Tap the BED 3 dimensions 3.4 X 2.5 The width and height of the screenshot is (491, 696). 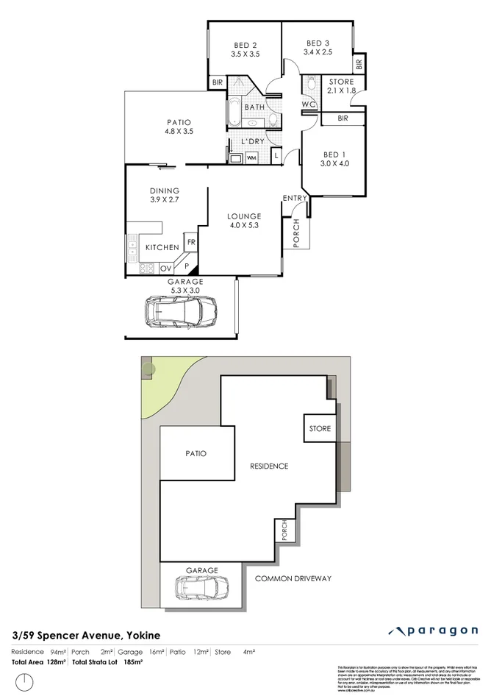pyautogui.click(x=319, y=52)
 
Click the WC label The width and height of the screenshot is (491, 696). pyautogui.click(x=309, y=104)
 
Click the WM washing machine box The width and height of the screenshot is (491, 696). pyautogui.click(x=251, y=157)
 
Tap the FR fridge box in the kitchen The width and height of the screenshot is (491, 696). pyautogui.click(x=190, y=241)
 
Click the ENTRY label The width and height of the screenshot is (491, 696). pyautogui.click(x=295, y=198)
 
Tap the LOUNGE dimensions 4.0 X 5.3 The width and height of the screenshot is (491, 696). pyautogui.click(x=244, y=225)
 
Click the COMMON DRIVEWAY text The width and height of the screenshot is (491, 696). pyautogui.click(x=293, y=578)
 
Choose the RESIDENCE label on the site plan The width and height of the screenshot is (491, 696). pyautogui.click(x=269, y=466)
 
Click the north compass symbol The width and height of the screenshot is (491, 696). pyautogui.click(x=26, y=679)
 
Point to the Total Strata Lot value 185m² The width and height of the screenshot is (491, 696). pyautogui.click(x=132, y=662)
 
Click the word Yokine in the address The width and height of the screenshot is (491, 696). pyautogui.click(x=143, y=634)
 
